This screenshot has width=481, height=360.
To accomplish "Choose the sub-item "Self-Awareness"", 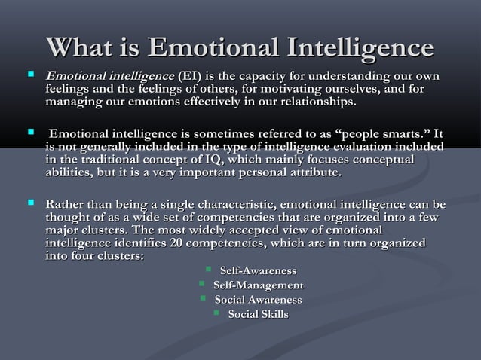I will tap(257, 271).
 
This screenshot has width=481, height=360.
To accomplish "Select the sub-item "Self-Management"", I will tap(258, 285).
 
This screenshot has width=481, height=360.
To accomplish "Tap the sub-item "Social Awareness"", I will tap(258, 300).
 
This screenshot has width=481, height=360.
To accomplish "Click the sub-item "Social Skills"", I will tap(258, 314).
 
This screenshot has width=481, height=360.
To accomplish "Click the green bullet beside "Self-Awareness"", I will tap(209, 270).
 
